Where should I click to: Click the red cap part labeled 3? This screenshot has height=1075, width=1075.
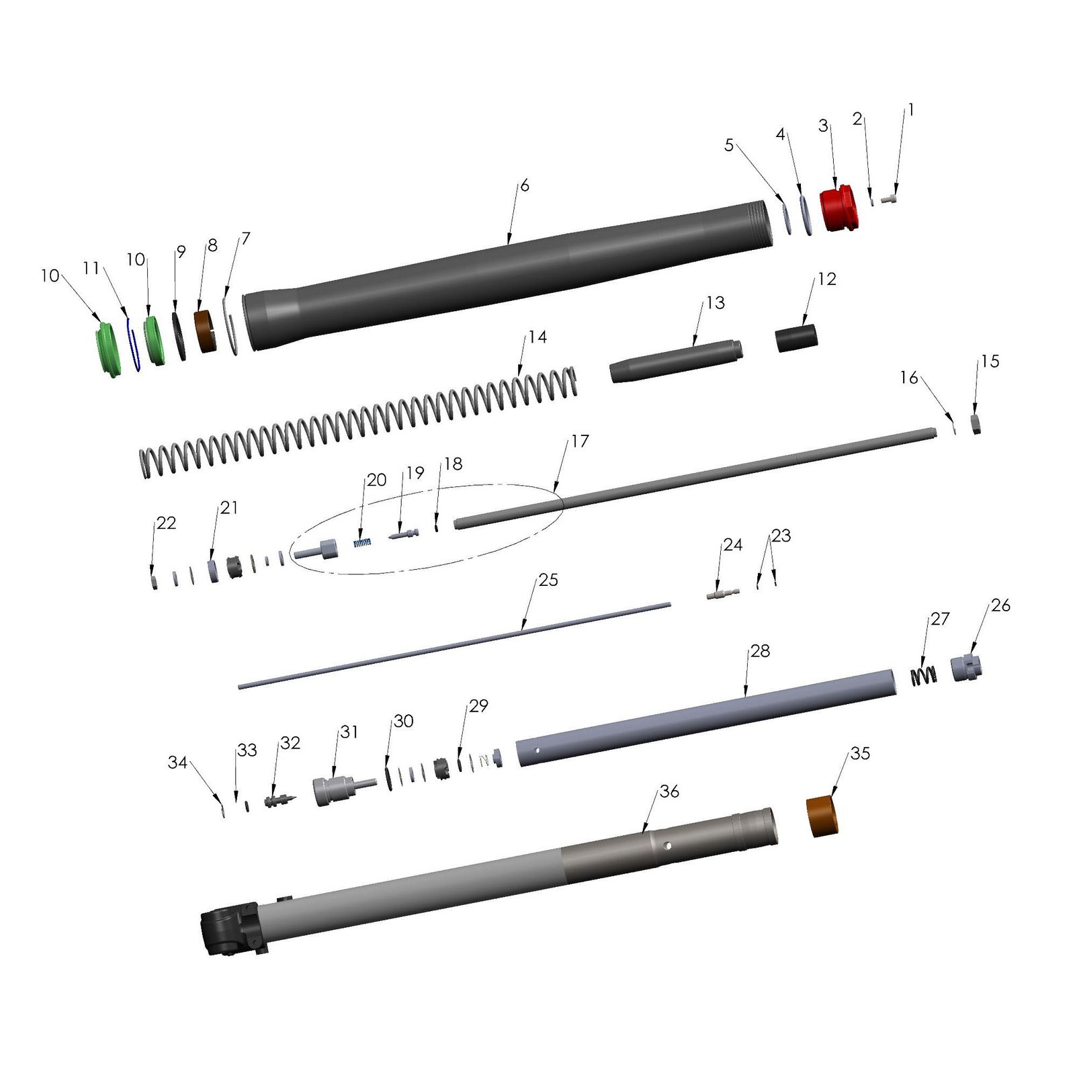coord(838,208)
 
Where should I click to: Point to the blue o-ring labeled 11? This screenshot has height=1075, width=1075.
coord(133,343)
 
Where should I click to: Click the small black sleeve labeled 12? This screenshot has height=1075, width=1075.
coord(796,338)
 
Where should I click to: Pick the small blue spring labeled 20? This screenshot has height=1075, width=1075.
coord(363,542)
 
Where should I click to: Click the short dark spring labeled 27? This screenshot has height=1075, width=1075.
coord(924,676)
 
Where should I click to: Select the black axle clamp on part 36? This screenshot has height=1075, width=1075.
coord(230,929)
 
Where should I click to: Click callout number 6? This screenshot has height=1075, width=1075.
coord(525,185)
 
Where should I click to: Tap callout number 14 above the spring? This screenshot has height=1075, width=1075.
coord(537,337)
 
